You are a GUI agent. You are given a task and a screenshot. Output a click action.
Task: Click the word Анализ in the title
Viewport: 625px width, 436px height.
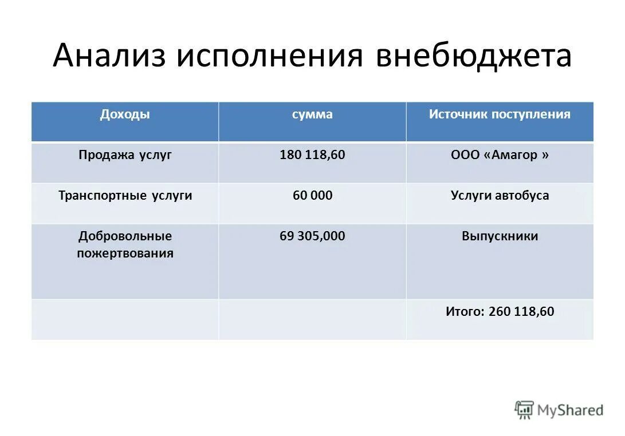(109, 57)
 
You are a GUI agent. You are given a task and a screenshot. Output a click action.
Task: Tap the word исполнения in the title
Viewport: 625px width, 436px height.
(270, 57)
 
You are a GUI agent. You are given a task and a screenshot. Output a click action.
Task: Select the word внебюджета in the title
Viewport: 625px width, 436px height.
(473, 57)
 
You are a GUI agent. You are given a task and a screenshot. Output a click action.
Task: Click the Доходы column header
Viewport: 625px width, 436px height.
(125, 114)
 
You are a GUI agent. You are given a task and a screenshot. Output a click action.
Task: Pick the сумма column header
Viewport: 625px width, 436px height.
(312, 114)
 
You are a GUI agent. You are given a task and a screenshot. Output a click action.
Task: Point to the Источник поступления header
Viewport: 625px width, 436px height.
(500, 114)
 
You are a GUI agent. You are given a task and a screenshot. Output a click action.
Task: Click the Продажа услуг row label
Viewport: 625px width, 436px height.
(125, 155)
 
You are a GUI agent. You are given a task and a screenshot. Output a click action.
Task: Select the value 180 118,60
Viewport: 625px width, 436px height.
(312, 155)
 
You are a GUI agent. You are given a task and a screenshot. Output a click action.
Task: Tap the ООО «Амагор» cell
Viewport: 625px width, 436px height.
(500, 155)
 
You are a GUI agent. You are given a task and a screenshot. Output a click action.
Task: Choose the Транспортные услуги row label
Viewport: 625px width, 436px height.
(125, 196)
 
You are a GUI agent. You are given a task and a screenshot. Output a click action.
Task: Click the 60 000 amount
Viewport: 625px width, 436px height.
(312, 196)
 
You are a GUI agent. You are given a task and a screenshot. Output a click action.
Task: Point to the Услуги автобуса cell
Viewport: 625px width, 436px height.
(500, 196)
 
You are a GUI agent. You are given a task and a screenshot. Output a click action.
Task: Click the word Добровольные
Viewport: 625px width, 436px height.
(125, 236)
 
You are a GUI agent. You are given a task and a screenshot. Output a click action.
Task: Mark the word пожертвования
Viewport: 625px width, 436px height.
(125, 253)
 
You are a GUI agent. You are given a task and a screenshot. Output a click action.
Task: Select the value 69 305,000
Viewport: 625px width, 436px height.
(312, 236)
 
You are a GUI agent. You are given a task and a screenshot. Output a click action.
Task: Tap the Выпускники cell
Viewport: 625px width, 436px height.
(500, 236)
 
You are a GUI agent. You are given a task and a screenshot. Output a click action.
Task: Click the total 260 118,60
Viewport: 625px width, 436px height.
(521, 312)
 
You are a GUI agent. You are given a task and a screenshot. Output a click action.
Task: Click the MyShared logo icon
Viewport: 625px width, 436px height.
(524, 409)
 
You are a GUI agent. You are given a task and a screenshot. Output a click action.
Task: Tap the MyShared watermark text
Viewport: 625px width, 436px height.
(570, 410)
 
